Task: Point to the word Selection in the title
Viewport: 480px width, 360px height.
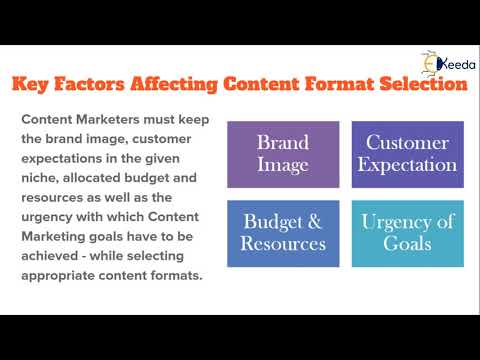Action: tap(416, 84)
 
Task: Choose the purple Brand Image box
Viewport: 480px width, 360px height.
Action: tap(283, 153)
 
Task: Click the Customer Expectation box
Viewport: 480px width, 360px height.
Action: tap(407, 153)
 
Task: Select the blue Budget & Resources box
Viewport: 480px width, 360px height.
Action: tap(283, 233)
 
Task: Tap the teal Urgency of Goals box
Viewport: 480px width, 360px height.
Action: tap(407, 233)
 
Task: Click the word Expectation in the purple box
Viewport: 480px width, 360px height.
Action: tap(407, 164)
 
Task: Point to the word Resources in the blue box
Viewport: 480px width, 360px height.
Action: tap(283, 244)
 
